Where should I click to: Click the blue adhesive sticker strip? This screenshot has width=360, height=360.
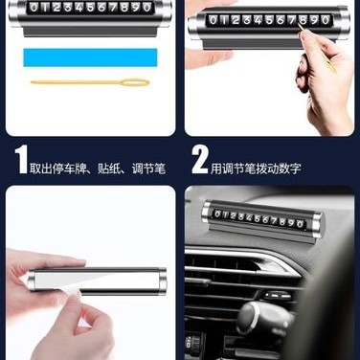click(90, 57)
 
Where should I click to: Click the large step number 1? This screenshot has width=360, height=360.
click(21, 160)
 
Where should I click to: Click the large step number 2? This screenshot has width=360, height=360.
click(200, 160)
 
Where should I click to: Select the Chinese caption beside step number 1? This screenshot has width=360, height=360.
click(98, 169)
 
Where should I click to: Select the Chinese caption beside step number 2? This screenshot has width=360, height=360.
click(256, 169)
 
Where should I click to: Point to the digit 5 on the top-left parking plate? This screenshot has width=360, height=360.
click(90, 7)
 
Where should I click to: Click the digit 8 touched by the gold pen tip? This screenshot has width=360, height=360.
click(304, 20)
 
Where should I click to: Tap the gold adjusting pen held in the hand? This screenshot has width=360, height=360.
click(318, 49)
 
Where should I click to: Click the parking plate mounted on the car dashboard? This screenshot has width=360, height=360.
click(262, 221)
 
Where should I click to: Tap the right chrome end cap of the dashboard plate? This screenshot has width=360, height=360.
click(316, 225)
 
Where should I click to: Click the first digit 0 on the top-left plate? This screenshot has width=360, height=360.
click(34, 7)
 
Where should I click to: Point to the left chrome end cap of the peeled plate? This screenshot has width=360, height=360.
click(33, 280)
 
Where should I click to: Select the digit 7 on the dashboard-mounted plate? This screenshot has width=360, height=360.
click(274, 220)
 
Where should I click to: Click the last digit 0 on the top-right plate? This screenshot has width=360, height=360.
click(326, 20)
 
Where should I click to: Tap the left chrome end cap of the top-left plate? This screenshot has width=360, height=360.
click(14, 12)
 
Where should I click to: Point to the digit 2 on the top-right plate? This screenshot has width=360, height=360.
click(236, 20)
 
